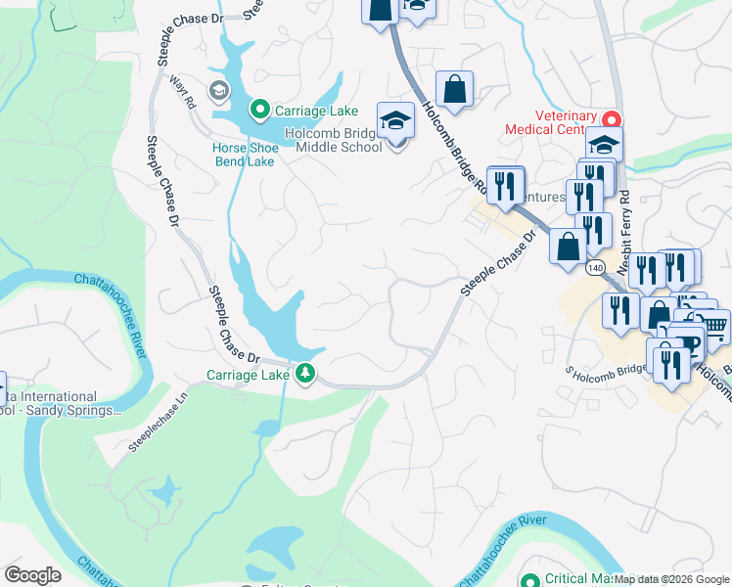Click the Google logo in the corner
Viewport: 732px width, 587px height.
(x=32, y=575)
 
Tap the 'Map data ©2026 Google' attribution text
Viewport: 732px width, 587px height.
(x=671, y=579)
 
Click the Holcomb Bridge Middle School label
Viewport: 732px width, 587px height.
(x=333, y=141)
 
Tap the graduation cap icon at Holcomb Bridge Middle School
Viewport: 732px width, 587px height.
(x=395, y=121)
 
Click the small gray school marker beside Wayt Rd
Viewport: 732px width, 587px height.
(x=217, y=91)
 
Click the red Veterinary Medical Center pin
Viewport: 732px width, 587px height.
(x=612, y=119)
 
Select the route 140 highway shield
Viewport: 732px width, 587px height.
(x=595, y=266)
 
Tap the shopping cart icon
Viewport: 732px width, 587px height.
(x=715, y=324)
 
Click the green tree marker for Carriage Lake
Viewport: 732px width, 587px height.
(x=305, y=373)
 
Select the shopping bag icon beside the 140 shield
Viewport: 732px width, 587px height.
(x=567, y=247)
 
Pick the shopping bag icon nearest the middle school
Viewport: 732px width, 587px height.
(x=455, y=89)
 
